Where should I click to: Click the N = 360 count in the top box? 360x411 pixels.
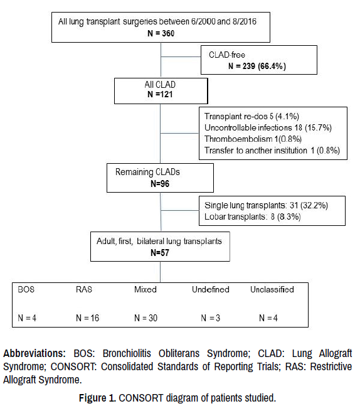coord(161,33)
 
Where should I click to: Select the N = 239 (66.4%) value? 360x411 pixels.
coord(257,66)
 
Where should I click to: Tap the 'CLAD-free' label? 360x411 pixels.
coord(227,55)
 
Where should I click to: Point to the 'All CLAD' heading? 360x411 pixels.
coord(160,85)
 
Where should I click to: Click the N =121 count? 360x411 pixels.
coord(160,94)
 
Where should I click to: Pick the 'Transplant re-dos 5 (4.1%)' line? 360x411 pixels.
coord(251,116)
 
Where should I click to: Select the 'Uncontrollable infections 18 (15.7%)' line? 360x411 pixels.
coord(268,127)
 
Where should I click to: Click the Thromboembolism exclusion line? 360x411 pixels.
coord(253,139)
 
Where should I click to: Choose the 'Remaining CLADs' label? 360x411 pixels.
coord(147,172)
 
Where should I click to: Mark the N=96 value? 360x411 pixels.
coord(160,183)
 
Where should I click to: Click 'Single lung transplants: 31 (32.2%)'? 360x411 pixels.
coord(266,205)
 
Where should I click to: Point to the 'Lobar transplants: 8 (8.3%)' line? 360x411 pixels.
coord(252,216)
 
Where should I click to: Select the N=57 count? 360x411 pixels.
coord(160,252)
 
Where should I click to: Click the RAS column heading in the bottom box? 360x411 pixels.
coord(84,289)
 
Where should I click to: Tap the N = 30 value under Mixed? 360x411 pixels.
coord(146,318)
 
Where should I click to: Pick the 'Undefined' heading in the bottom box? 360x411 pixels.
coord(210,289)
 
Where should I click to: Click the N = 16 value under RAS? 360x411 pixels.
coord(88,318)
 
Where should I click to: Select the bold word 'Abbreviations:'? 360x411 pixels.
coord(34,353)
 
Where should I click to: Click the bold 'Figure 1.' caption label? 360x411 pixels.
coord(97,398)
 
